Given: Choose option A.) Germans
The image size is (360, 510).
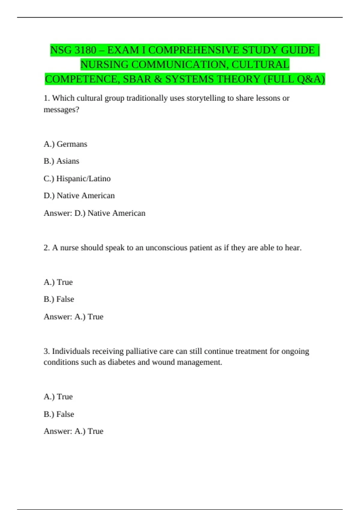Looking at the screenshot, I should [65, 144].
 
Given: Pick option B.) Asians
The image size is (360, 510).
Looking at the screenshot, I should [61, 161].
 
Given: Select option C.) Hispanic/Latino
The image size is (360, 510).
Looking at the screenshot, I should [77, 178].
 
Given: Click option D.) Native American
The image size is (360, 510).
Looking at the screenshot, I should [79, 196].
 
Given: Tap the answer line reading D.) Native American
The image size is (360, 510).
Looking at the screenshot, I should [110, 213].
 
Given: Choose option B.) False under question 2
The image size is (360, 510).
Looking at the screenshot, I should [59, 299].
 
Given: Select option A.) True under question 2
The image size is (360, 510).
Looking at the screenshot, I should [58, 282].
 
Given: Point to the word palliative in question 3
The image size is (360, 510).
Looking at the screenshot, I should [141, 351].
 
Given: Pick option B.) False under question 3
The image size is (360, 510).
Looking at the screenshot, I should [59, 414].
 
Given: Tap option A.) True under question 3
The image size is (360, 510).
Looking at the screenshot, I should [58, 397].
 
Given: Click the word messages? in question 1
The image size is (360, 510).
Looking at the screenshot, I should [61, 110].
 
